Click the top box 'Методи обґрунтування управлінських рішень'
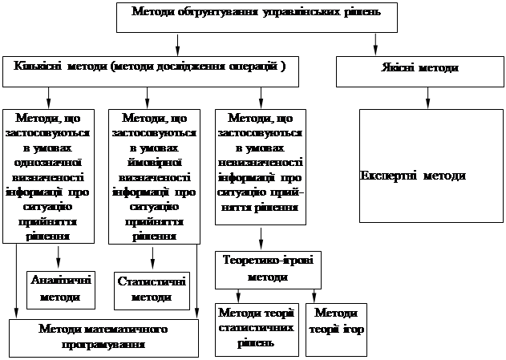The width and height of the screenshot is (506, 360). (257, 18)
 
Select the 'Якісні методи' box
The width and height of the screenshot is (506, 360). (420, 71)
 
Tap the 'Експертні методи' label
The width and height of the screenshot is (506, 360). (413, 176)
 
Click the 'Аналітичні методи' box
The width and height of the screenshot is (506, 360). (61, 290)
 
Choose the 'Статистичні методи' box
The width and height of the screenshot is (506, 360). (152, 291)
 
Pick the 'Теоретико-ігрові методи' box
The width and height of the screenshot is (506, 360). (268, 270)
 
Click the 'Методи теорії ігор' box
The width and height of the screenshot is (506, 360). (336, 330)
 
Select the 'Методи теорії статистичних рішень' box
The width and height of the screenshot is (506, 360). (257, 330)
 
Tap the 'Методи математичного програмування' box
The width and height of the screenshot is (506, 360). (103, 338)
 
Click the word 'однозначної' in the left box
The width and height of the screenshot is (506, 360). (48, 163)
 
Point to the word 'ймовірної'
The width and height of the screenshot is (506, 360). (154, 163)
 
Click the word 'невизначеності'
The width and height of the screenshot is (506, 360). (261, 163)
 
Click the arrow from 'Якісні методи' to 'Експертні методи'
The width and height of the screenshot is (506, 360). (428, 98)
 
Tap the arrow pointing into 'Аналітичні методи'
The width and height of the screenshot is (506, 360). (58, 257)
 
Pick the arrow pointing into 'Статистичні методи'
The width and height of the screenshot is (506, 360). (152, 258)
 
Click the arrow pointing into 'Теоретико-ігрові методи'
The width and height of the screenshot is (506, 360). (261, 239)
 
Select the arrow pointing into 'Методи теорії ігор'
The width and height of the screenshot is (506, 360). (314, 296)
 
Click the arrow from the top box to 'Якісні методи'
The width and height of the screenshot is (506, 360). (375, 45)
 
